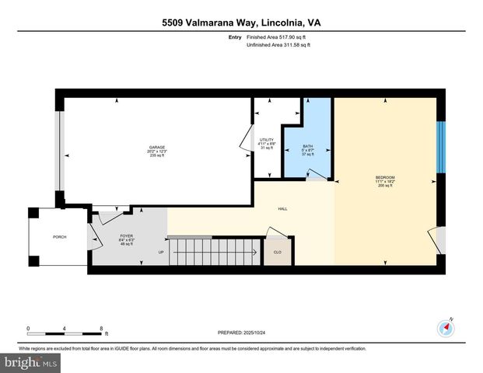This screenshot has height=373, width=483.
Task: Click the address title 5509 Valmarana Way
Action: click(x=241, y=23)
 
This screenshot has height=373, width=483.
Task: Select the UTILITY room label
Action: click(x=267, y=140)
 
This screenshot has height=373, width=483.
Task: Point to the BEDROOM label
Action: click(x=386, y=178)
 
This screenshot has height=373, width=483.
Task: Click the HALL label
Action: click(x=283, y=209)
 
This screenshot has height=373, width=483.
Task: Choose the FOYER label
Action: click(x=127, y=235)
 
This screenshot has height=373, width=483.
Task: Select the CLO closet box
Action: click(x=278, y=252)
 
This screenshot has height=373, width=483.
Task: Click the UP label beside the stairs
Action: click(x=161, y=252)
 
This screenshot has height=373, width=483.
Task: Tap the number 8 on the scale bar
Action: click(x=101, y=328)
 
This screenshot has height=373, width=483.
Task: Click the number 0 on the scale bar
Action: click(x=28, y=328)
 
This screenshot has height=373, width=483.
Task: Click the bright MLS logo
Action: click(x=31, y=363)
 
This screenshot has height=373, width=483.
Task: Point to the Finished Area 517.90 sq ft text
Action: click(x=278, y=37)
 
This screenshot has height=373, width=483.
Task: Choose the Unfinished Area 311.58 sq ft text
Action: click(x=279, y=45)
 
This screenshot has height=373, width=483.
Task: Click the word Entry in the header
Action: click(x=235, y=37)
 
